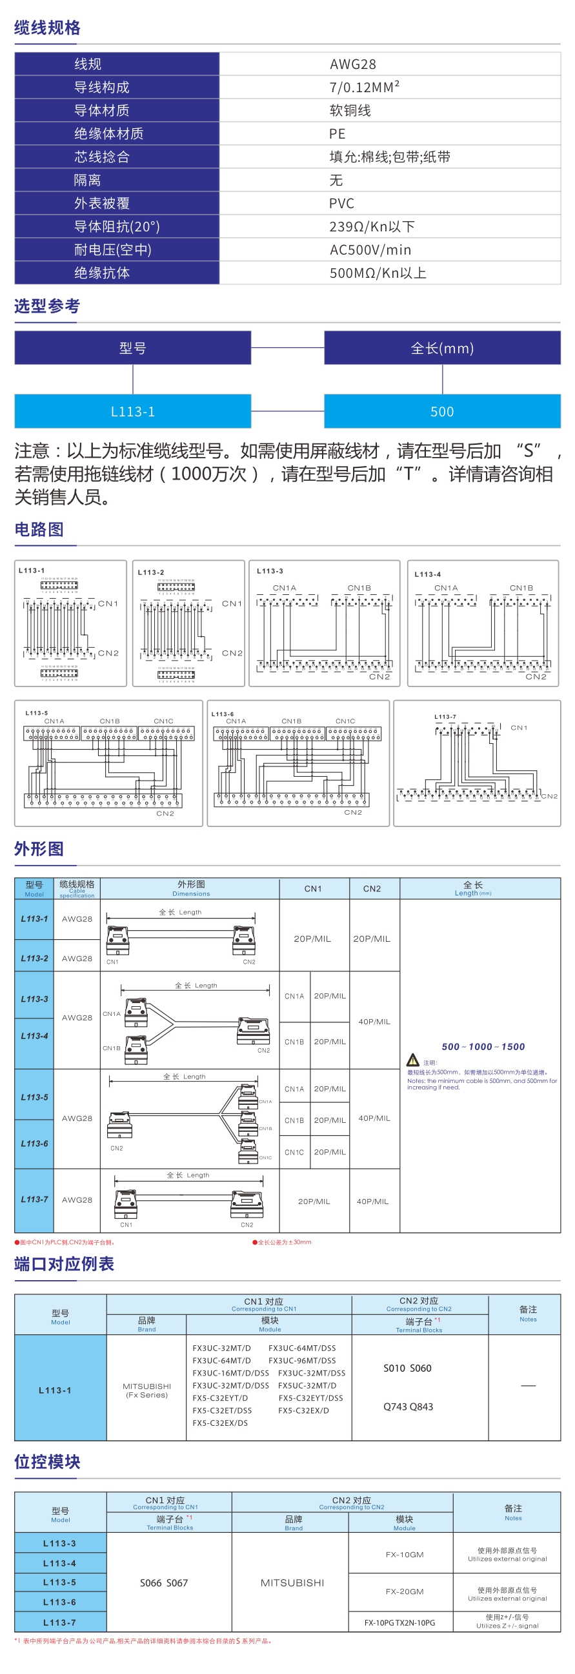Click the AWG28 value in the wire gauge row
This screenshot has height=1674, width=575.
click(352, 64)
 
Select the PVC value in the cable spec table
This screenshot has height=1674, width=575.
click(341, 204)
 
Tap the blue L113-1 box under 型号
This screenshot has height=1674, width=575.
click(133, 411)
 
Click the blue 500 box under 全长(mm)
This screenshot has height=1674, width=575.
click(441, 411)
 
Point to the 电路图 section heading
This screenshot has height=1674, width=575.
click(39, 530)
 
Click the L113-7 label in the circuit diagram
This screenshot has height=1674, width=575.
click(445, 717)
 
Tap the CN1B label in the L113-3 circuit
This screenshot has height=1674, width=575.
click(359, 588)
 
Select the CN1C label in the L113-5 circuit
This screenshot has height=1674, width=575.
click(163, 721)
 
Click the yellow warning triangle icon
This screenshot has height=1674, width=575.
click(412, 1060)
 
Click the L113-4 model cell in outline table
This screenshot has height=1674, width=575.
click(34, 1036)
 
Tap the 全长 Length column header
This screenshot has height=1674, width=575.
click(473, 888)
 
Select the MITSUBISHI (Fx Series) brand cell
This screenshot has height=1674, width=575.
click(146, 1390)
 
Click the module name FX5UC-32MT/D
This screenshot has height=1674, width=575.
click(307, 1385)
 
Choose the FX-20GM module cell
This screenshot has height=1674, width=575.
click(404, 1591)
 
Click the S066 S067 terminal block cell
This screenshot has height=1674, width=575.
click(164, 1583)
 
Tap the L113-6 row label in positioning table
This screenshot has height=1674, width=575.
click(59, 1602)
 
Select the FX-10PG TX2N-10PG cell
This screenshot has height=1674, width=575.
click(399, 1622)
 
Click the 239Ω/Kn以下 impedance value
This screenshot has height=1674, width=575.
click(372, 227)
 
